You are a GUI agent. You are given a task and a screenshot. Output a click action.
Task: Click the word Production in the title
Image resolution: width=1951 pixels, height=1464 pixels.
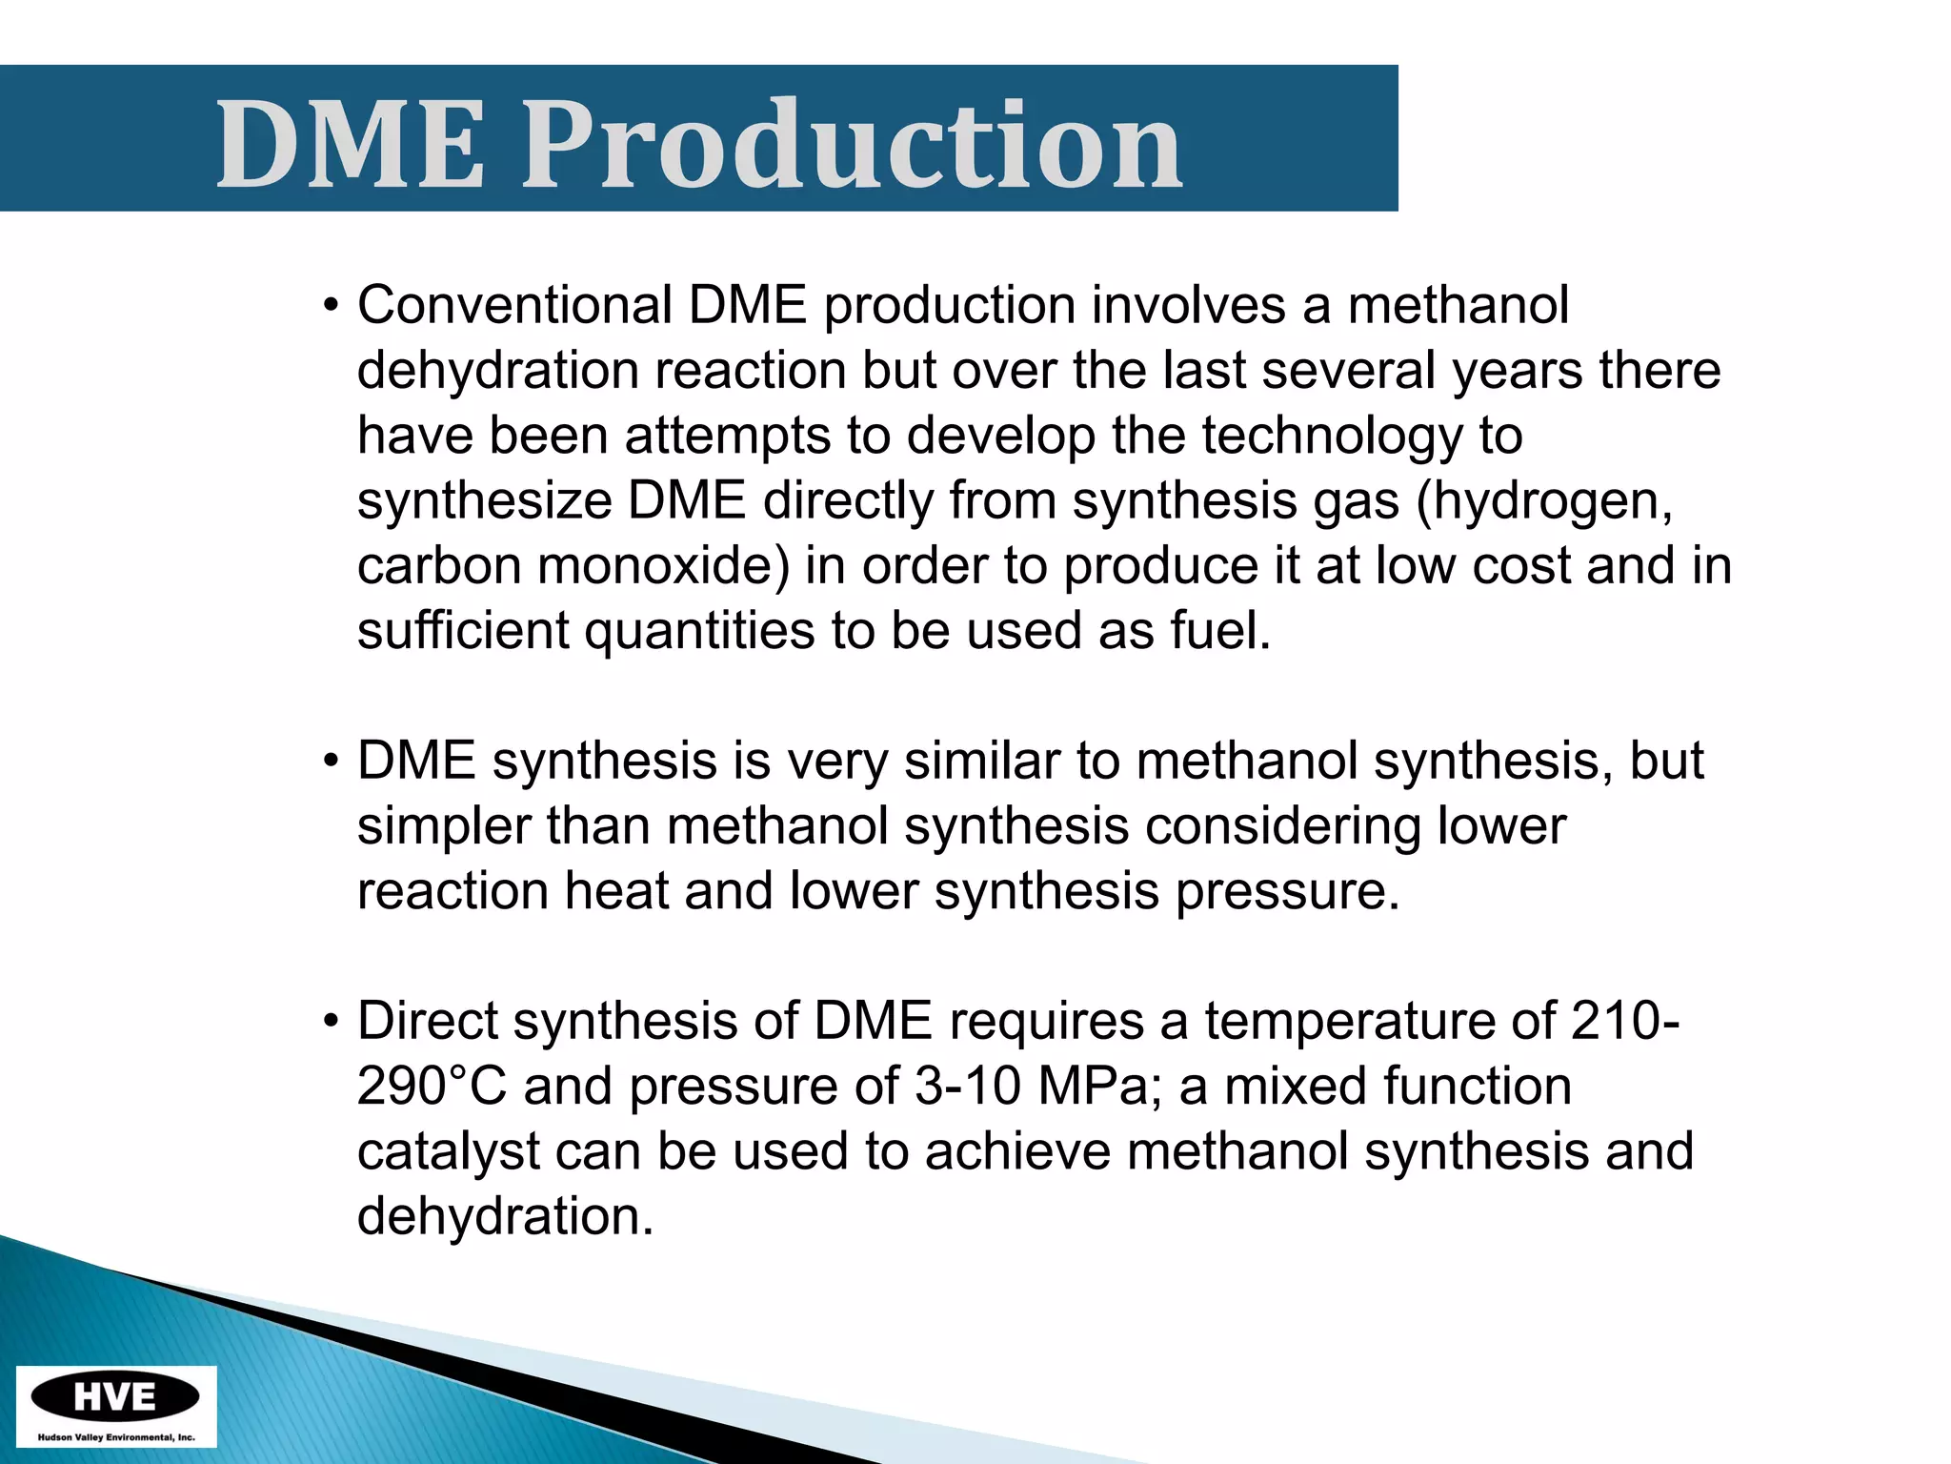coord(851,145)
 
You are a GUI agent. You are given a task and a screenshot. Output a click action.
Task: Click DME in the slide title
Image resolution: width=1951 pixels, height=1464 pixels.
coord(351,145)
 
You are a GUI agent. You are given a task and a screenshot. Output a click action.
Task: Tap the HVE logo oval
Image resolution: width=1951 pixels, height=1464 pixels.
coord(115,1397)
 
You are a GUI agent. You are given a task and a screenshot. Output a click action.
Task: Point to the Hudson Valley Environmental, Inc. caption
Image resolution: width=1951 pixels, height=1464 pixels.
coord(115,1437)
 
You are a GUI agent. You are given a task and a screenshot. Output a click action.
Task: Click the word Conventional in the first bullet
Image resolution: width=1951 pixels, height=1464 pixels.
coord(515,305)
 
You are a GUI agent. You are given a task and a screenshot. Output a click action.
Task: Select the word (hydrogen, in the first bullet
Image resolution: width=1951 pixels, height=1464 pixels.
coord(1544,501)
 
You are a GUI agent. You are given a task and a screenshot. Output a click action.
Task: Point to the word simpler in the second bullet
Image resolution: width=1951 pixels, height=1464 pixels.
coord(443,826)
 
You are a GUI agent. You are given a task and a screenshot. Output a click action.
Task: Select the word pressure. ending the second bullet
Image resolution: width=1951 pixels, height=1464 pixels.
coord(1287,891)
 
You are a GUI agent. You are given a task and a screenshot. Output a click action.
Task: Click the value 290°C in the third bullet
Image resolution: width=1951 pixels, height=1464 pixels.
coord(432,1087)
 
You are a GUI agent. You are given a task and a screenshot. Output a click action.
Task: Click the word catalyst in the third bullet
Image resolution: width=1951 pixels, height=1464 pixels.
coord(449,1151)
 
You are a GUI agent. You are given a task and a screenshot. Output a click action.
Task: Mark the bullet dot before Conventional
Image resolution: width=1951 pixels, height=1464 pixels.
coord(331,307)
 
